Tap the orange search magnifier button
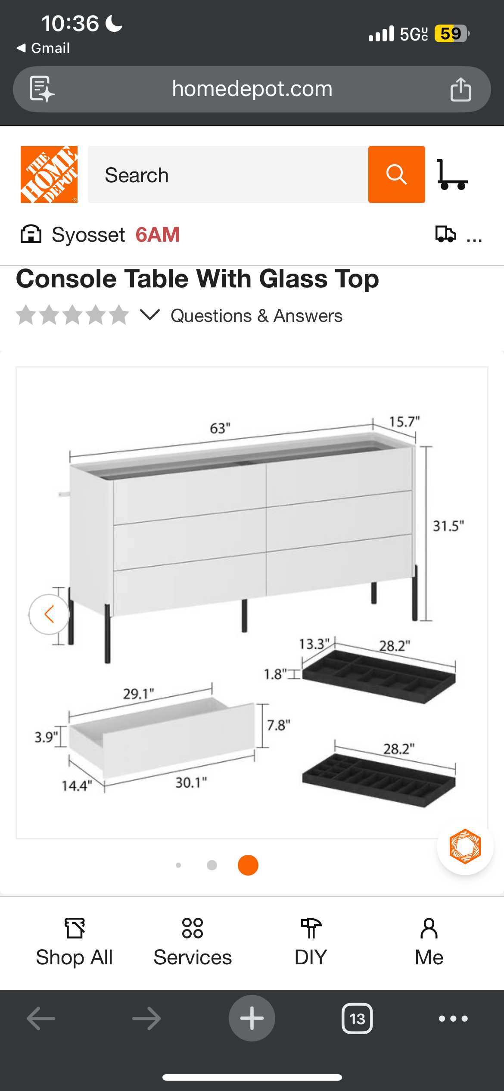(x=396, y=175)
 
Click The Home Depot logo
(x=49, y=175)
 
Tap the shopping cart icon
(x=452, y=175)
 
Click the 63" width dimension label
(x=220, y=428)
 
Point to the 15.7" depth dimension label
(x=404, y=421)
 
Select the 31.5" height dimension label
(x=448, y=526)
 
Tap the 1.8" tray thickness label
(x=275, y=674)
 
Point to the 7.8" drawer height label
(x=279, y=725)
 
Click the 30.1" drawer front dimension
(x=191, y=782)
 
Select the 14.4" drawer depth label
(x=77, y=786)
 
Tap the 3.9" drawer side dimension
(x=46, y=737)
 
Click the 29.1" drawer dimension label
(x=139, y=694)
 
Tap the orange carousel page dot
(x=248, y=865)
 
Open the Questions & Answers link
(x=257, y=316)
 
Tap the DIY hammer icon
(x=311, y=928)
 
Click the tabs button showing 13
(x=357, y=1019)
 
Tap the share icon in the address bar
(x=460, y=89)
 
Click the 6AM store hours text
(x=158, y=235)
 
